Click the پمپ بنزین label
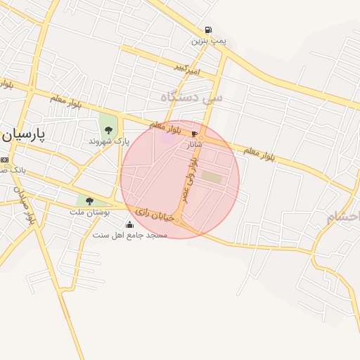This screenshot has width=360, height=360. pos(210,41)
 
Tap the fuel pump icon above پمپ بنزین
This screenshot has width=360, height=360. pos(208,30)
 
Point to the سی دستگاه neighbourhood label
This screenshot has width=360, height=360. pos(191,97)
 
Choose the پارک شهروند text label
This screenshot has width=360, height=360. pos(109,141)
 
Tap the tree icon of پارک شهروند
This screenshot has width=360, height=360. pos(108,130)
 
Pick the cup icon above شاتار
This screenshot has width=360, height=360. pos(194,133)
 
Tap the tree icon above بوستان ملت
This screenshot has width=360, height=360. pos(89,200)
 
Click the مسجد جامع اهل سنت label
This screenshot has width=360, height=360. pos(130,234)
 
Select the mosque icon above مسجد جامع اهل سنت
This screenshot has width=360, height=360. pos(129,224)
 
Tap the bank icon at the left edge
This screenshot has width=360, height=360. pos(4,159)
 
